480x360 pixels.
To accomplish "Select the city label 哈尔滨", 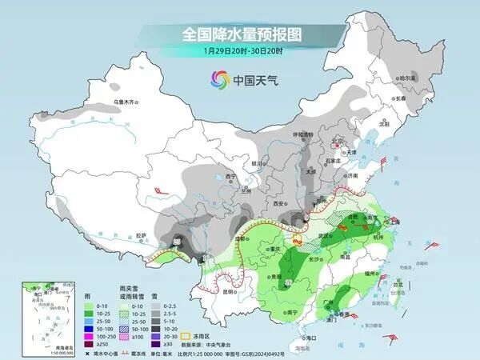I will [408, 78].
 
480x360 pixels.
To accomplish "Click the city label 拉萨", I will [142, 235].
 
